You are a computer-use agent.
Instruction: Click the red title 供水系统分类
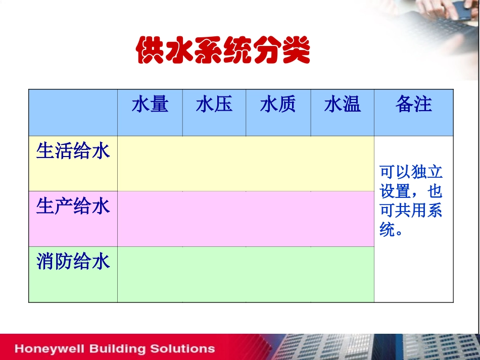point(223,51)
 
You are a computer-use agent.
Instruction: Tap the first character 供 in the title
point(151,51)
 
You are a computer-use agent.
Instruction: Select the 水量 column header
point(150,105)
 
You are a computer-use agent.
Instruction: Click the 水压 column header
point(214,105)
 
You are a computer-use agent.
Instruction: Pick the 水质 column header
point(278,105)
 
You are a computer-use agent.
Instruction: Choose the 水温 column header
point(342,105)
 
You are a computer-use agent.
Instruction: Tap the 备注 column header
point(413,104)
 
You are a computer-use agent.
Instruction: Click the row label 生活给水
point(73,151)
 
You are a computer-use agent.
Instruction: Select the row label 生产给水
point(73,206)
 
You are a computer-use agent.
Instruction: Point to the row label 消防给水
point(73,262)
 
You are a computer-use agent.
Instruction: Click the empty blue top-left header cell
point(73,113)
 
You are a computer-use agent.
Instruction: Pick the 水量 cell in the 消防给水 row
point(150,274)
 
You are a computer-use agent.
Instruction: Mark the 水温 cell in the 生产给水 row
point(342,219)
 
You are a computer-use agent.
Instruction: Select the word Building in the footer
point(116,348)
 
